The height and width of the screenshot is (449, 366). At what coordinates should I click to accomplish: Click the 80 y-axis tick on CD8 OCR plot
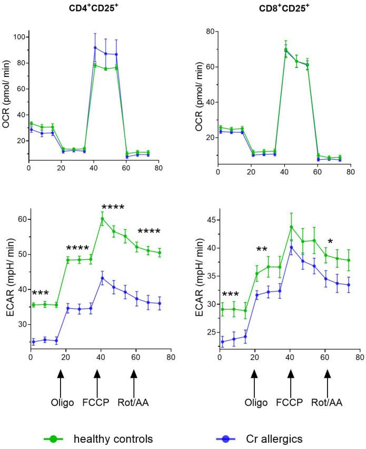(212, 32)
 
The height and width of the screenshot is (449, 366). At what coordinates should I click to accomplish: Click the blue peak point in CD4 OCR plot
(95, 47)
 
